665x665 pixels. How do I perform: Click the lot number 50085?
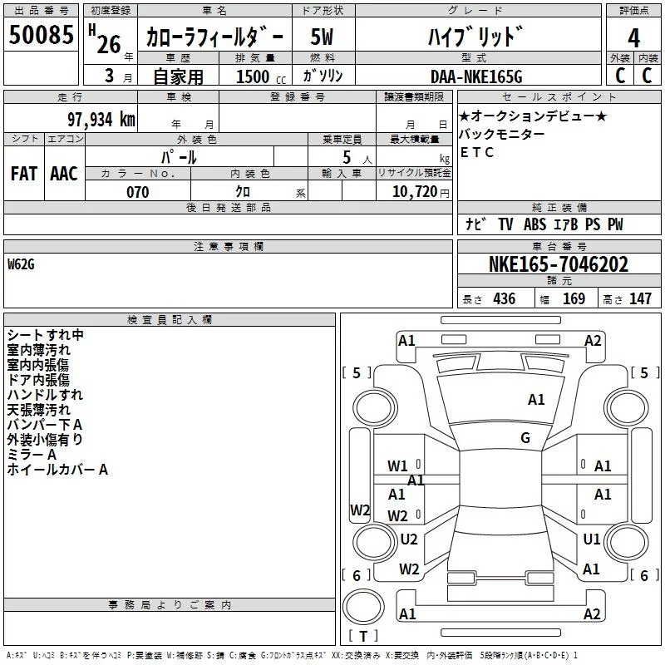tap(42, 36)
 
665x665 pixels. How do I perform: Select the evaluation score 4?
tap(634, 37)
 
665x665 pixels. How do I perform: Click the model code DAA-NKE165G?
tap(476, 76)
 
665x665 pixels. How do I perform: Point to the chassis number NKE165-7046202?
tap(559, 265)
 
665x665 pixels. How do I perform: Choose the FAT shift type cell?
tap(24, 173)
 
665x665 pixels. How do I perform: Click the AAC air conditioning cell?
tap(64, 173)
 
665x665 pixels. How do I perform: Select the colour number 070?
tap(137, 192)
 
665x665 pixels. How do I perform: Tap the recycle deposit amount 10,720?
tap(413, 192)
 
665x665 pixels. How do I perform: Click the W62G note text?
tap(21, 264)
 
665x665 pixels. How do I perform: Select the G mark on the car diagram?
tap(525, 438)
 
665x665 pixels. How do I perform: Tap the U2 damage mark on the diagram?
tap(409, 539)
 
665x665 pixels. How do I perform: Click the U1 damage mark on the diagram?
tap(592, 539)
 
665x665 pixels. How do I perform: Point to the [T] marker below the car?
tap(362, 637)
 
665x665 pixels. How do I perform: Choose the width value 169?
tap(574, 298)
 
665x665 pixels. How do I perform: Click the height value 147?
tap(640, 298)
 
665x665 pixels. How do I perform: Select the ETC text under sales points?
tap(477, 152)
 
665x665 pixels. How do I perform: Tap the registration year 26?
tap(109, 44)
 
